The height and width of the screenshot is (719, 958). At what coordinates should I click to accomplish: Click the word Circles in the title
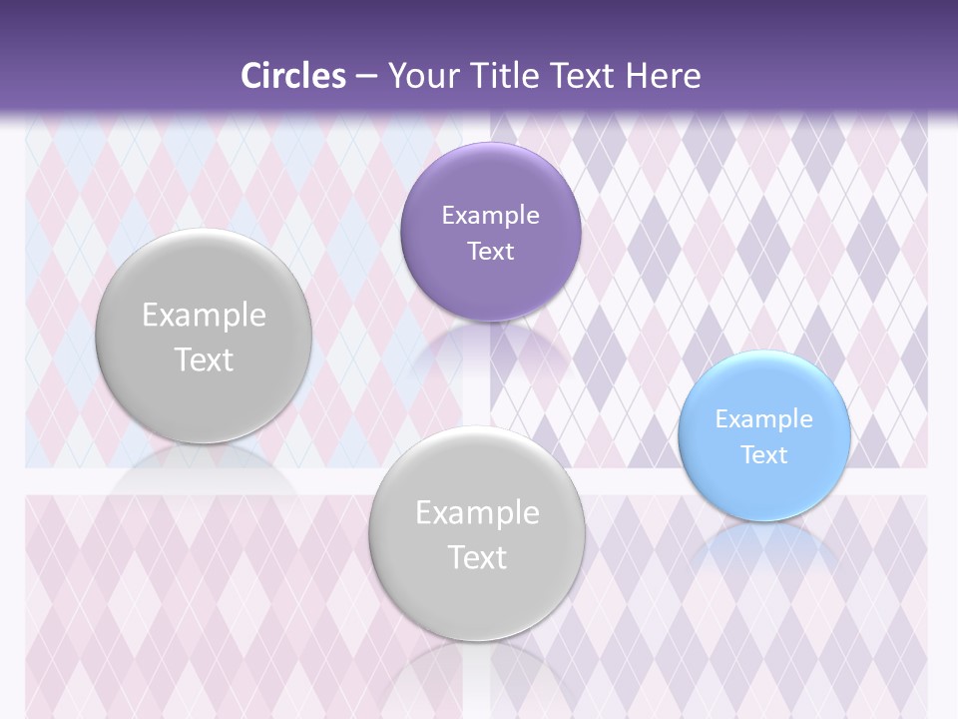(293, 76)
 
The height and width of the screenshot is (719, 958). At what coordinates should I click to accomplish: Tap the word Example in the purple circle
(490, 216)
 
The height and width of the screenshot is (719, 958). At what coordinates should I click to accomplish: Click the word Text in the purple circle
(490, 252)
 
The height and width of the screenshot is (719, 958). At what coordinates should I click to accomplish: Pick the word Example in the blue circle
(764, 419)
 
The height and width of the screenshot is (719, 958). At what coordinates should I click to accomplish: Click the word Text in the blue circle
(764, 455)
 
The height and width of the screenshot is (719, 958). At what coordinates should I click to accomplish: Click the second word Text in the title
(583, 76)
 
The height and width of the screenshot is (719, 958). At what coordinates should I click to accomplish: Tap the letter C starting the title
(250, 76)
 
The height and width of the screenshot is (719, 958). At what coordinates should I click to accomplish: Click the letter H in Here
(634, 76)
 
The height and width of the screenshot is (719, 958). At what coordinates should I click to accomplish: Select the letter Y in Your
(395, 76)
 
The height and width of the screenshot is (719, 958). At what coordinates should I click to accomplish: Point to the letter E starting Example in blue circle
(721, 419)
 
